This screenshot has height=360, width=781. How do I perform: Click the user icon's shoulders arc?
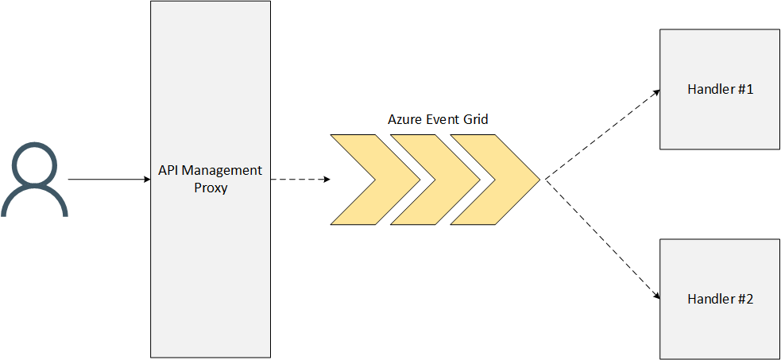pyautogui.click(x=34, y=202)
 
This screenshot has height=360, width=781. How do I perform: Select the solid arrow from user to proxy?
pyautogui.click(x=107, y=180)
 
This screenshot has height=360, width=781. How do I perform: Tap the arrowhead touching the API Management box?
pyautogui.click(x=146, y=180)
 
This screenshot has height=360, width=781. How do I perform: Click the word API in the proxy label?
pyautogui.click(x=168, y=171)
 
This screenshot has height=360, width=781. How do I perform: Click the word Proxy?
pyautogui.click(x=211, y=188)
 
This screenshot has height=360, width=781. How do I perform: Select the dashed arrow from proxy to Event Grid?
pyautogui.click(x=300, y=180)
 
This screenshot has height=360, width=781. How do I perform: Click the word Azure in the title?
pyautogui.click(x=404, y=119)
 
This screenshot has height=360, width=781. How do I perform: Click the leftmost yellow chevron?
pyautogui.click(x=362, y=180)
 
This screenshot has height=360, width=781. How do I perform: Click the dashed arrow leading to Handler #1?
pyautogui.click(x=601, y=134)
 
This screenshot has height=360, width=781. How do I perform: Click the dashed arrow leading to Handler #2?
pyautogui.click(x=601, y=238)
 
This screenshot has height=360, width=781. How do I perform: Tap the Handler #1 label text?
pyautogui.click(x=720, y=89)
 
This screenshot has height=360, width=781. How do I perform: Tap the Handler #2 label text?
pyautogui.click(x=720, y=299)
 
